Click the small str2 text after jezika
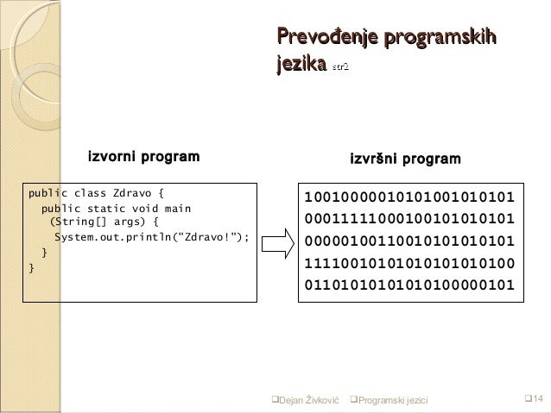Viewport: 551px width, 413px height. [340, 66]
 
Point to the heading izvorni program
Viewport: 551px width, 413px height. [143, 157]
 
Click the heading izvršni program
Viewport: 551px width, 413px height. [404, 159]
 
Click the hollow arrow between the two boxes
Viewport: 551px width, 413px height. [278, 242]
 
